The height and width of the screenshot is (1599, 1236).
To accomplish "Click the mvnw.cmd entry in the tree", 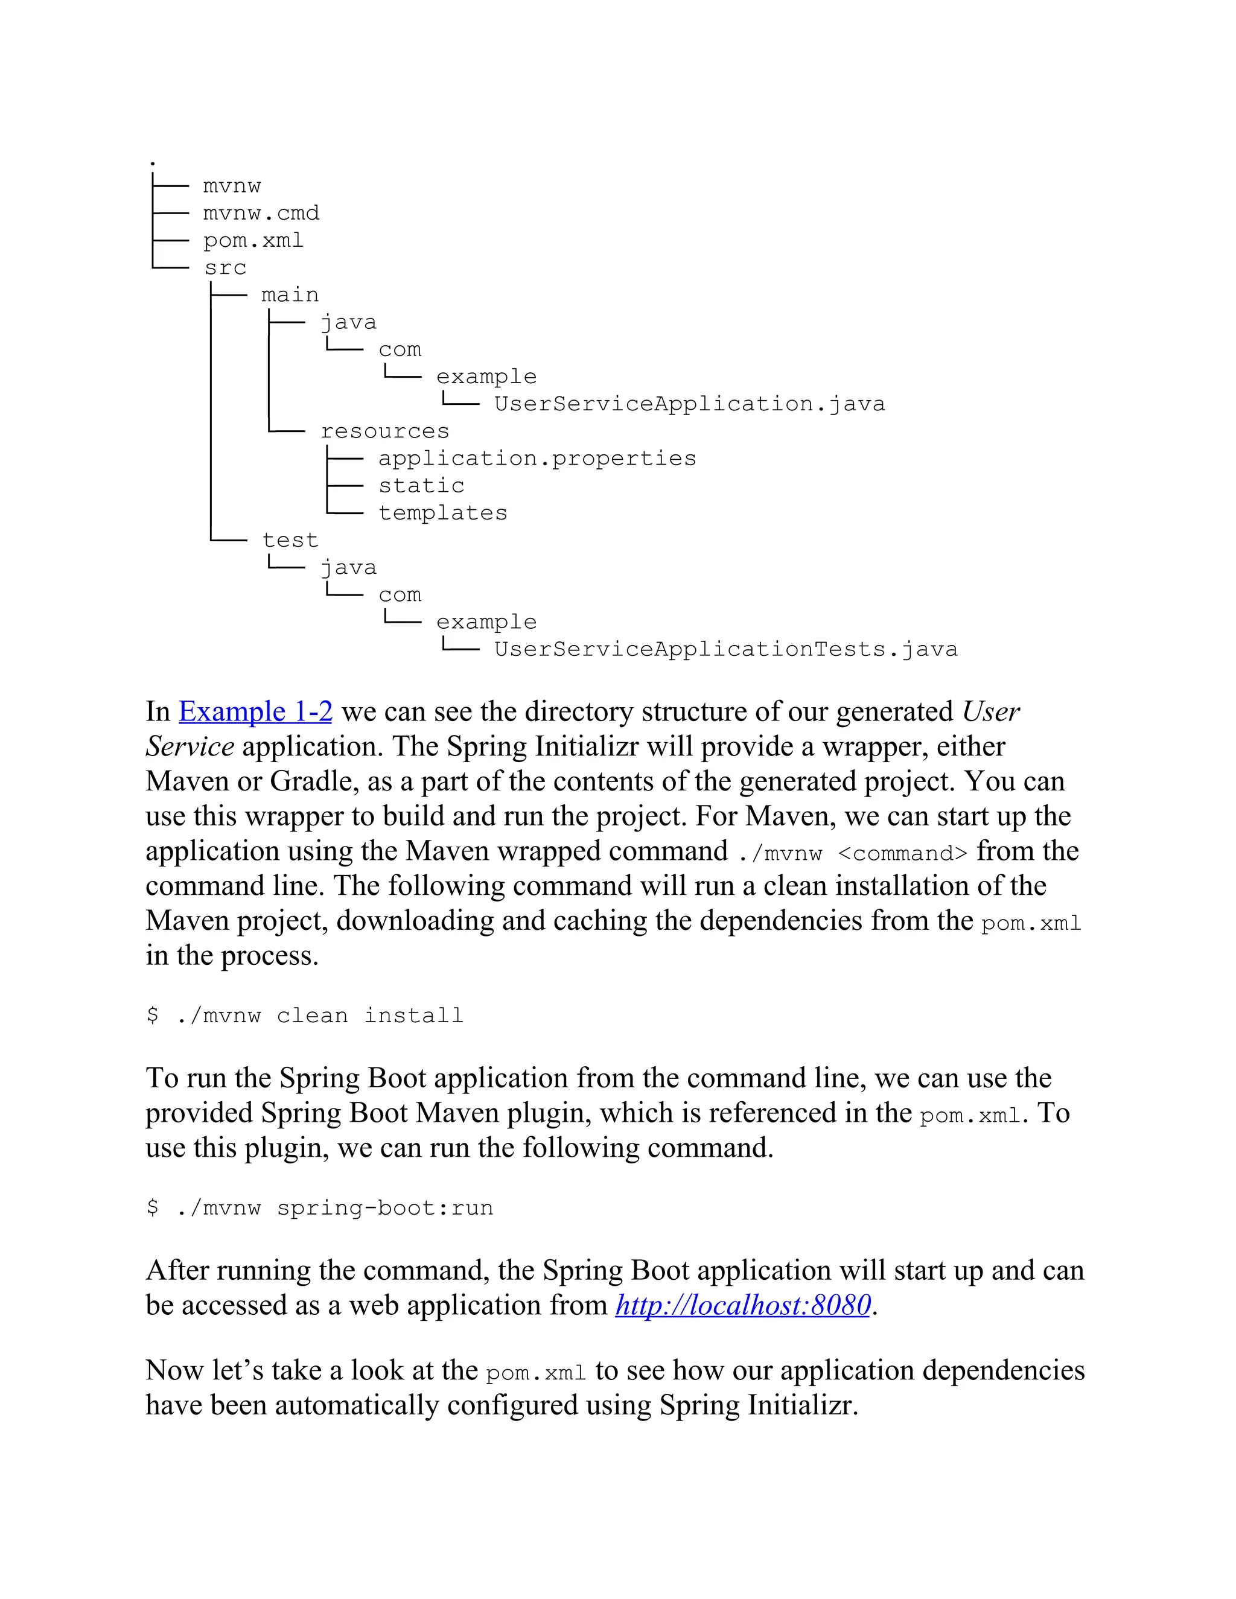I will [x=261, y=213].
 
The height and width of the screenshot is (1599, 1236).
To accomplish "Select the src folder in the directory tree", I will [x=225, y=268].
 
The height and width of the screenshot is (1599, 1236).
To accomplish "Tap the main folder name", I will [x=290, y=295].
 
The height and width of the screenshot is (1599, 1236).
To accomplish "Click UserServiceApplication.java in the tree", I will [x=689, y=404].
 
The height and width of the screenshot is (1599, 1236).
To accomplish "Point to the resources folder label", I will [x=384, y=431].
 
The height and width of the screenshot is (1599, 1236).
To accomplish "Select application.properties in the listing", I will [x=537, y=459].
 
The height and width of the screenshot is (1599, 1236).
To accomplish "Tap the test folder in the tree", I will [x=290, y=540].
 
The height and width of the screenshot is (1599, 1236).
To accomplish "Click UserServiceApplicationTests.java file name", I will [x=725, y=649].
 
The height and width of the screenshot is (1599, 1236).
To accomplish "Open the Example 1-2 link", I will [x=255, y=711].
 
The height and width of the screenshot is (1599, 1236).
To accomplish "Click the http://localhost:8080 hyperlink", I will [x=742, y=1305].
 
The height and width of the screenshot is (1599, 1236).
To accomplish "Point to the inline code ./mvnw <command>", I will [x=852, y=854].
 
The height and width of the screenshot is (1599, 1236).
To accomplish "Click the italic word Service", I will [x=190, y=747].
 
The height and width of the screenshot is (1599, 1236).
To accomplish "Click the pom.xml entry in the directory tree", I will [x=253, y=241].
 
